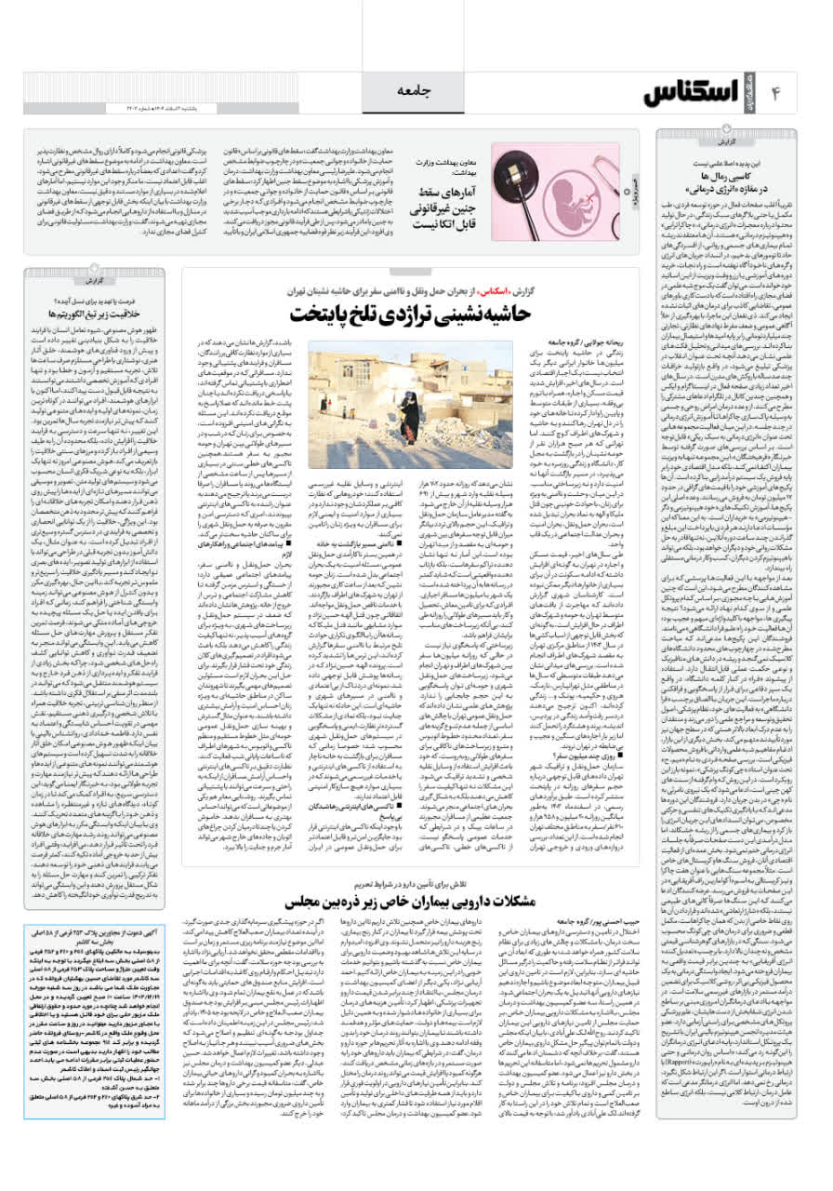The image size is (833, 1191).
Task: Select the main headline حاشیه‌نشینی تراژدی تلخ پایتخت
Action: tap(414, 313)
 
